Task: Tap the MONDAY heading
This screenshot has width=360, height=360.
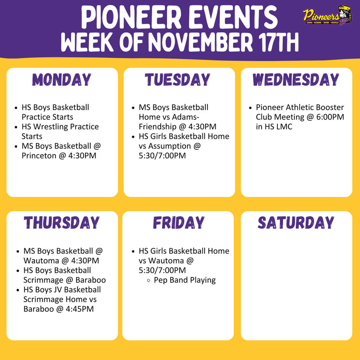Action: (x=62, y=80)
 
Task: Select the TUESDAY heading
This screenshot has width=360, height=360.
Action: (x=178, y=80)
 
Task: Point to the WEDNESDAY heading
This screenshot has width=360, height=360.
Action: (x=296, y=80)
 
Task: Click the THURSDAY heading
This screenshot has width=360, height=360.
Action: (x=62, y=223)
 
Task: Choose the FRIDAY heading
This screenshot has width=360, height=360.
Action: (x=178, y=223)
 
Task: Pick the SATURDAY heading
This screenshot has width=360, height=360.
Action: (x=296, y=223)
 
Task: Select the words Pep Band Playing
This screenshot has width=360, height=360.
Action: (x=185, y=280)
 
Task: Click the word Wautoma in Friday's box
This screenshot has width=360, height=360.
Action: (x=166, y=261)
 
